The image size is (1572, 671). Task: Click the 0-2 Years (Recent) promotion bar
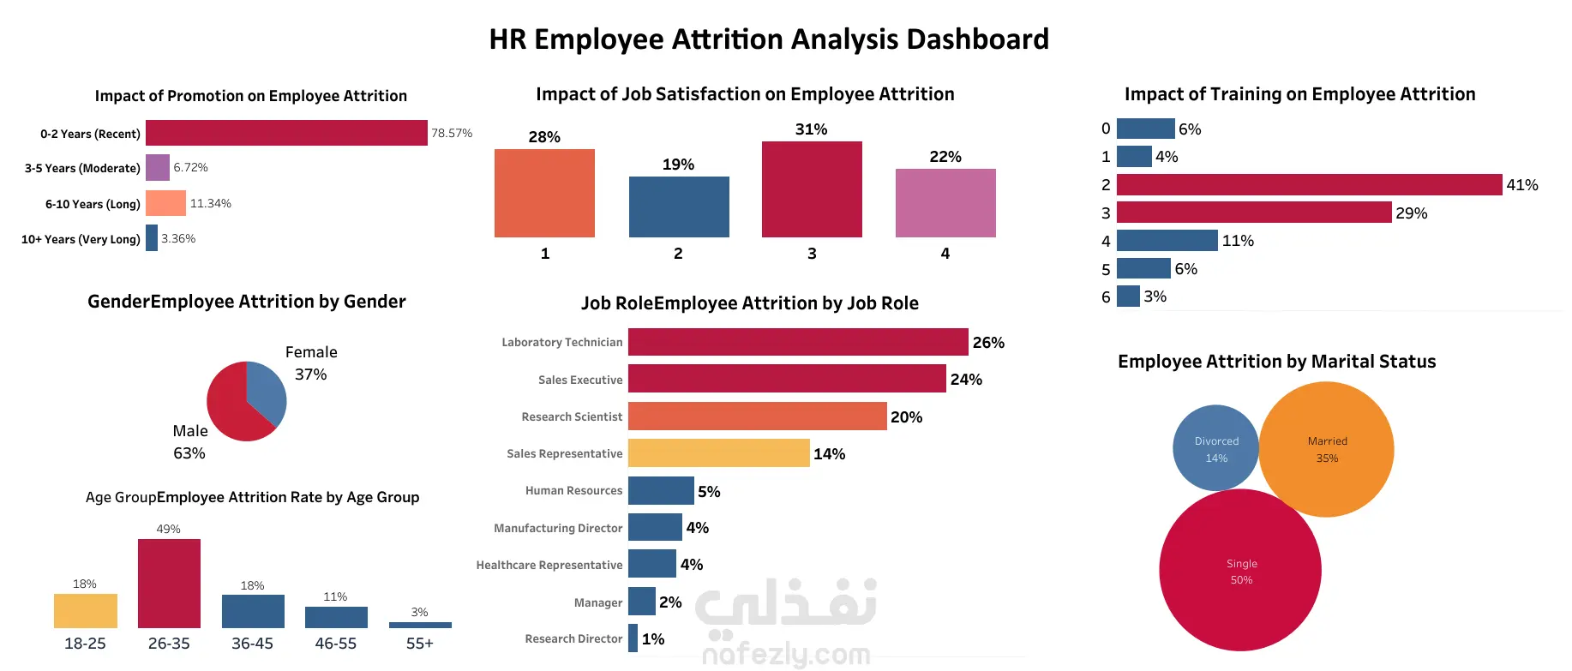(x=286, y=133)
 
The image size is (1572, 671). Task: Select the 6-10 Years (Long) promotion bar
(x=165, y=203)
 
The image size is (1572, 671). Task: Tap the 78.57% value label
(x=452, y=134)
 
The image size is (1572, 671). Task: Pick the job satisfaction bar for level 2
(x=679, y=207)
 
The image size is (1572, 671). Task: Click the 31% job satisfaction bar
(x=812, y=189)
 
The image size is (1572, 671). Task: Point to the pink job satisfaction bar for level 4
(x=945, y=203)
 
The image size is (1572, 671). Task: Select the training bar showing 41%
(x=1309, y=184)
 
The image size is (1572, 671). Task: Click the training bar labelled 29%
(x=1254, y=213)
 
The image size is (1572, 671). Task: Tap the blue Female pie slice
(x=267, y=390)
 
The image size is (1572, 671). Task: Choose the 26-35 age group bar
(x=169, y=584)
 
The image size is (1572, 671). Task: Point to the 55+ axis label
(x=420, y=644)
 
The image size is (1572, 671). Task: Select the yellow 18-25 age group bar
(x=85, y=611)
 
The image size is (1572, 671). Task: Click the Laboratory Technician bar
(x=798, y=342)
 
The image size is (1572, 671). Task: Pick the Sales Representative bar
(x=718, y=453)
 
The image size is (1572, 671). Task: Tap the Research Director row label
(x=573, y=639)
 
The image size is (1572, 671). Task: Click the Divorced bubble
(x=1215, y=448)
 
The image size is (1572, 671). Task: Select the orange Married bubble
(x=1326, y=450)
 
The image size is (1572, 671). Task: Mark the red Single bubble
(x=1239, y=571)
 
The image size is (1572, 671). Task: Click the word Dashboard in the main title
(x=977, y=39)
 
